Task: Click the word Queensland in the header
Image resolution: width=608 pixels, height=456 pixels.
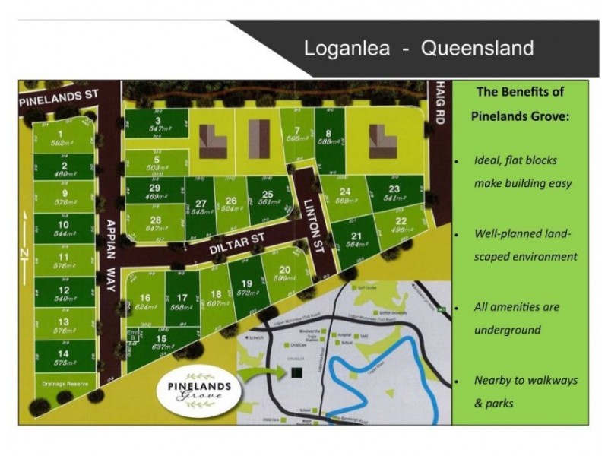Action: coord(477,49)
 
